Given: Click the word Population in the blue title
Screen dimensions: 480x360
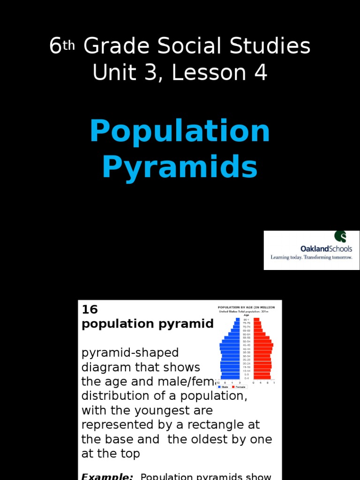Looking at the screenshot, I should (x=180, y=132).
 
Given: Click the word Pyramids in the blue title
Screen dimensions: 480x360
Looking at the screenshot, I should (x=180, y=167).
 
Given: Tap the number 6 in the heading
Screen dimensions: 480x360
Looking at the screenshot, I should (x=55, y=46).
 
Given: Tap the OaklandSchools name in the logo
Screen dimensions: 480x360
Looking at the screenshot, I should (x=326, y=248).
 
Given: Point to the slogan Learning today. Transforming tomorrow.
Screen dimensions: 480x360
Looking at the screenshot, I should (x=311, y=257).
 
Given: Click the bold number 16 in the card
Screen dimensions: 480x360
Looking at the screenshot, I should (x=90, y=309).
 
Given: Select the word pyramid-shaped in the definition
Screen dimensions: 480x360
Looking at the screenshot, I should (x=130, y=352).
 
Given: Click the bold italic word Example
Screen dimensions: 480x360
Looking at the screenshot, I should (x=107, y=476).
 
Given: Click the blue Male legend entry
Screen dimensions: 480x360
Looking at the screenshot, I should (x=223, y=387).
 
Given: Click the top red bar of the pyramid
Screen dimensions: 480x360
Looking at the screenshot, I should (x=256, y=319).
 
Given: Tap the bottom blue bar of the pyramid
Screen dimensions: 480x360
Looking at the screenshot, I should (x=230, y=377).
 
